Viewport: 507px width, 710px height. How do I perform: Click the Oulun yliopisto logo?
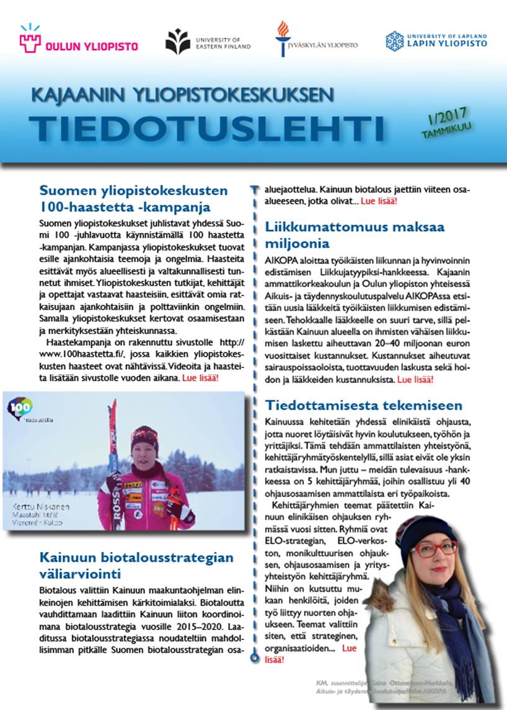tap(78, 41)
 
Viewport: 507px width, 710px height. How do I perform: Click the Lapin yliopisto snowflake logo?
tap(394, 42)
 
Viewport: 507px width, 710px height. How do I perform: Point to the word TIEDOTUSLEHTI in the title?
tap(206, 127)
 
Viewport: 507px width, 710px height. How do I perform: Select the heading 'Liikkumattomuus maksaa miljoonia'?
tap(355, 235)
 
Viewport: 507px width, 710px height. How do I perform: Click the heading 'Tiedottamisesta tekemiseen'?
tap(364, 405)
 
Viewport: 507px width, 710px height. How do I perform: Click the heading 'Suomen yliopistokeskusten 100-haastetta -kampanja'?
tap(133, 198)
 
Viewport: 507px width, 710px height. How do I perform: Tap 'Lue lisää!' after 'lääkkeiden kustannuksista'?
tap(415, 379)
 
